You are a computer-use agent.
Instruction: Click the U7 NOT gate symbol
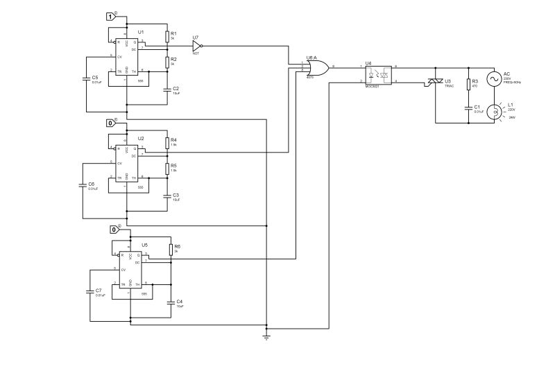point(196,46)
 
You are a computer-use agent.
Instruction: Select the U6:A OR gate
point(319,67)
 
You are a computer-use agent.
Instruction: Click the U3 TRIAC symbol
point(436,83)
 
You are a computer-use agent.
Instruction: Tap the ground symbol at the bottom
point(266,337)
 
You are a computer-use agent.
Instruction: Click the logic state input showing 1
point(110,16)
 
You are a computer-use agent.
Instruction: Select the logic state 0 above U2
point(111,123)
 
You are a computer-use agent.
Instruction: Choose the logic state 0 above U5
point(115,230)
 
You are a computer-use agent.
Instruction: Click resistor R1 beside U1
point(167,36)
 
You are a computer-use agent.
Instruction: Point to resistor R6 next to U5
point(171,250)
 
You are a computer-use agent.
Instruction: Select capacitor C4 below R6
point(171,302)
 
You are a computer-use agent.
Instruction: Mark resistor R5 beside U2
point(167,169)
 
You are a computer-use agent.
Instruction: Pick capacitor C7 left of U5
point(89,292)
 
